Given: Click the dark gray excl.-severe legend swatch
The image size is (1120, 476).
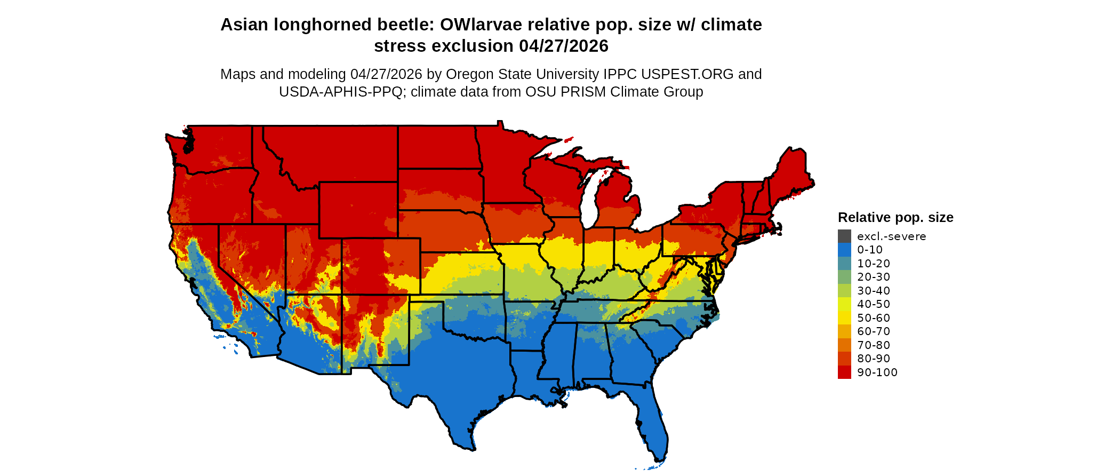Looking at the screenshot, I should coord(844,236).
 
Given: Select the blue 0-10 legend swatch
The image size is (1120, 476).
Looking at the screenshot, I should coord(844,250).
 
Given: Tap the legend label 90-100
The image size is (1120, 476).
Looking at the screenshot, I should coord(877,372).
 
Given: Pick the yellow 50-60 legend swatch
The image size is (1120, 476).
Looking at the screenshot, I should coord(844,318).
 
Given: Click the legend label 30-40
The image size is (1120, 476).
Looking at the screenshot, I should coord(874,291).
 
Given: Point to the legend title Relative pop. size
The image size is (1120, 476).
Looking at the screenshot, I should coord(895,218).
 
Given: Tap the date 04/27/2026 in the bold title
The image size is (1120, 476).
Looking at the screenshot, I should coord(564,46).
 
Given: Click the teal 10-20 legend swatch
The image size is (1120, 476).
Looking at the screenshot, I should coord(844,264).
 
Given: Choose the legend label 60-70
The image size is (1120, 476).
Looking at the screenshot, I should coord(874,331).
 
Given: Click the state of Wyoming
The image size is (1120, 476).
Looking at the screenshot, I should coord(358,210).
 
